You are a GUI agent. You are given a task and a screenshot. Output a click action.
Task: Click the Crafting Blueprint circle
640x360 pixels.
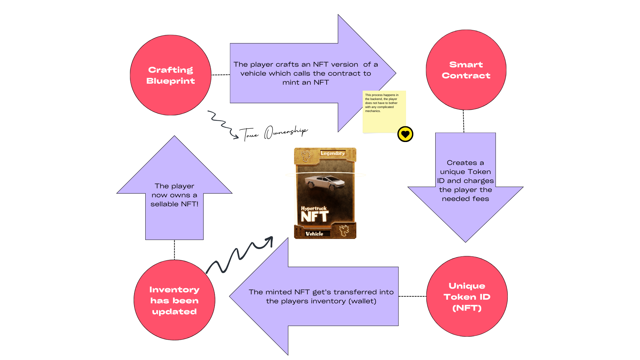[x=170, y=75]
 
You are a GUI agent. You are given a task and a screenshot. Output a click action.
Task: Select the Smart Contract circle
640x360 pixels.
[x=466, y=70]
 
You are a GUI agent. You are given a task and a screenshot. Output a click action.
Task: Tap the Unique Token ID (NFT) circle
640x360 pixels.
[x=467, y=297]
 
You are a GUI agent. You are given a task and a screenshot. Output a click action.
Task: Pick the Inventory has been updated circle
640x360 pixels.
[x=174, y=300]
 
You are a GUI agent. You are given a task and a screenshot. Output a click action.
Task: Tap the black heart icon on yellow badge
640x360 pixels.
[x=405, y=134]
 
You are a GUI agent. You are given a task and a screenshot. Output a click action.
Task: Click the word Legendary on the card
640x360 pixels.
[x=333, y=153]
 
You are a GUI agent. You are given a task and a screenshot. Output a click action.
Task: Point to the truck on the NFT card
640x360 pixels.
[x=324, y=183]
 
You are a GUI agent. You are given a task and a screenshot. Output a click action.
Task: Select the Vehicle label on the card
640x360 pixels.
[x=314, y=234]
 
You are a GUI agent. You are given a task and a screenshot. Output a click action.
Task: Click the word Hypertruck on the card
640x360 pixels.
[x=314, y=208]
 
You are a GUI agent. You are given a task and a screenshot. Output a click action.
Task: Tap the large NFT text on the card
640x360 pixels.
[x=314, y=217]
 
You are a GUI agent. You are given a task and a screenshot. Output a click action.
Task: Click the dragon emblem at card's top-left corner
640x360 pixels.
[x=305, y=155]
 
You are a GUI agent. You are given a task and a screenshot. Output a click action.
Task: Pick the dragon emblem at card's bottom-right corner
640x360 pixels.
[x=344, y=230]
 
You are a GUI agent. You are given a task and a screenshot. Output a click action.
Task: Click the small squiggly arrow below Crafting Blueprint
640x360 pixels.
[x=222, y=124]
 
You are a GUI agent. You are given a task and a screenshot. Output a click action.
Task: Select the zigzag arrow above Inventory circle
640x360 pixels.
[x=239, y=255]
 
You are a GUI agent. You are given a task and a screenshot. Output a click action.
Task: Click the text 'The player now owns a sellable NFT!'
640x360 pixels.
[x=174, y=195]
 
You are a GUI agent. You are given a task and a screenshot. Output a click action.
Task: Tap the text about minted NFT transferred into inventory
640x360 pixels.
[x=321, y=296]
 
